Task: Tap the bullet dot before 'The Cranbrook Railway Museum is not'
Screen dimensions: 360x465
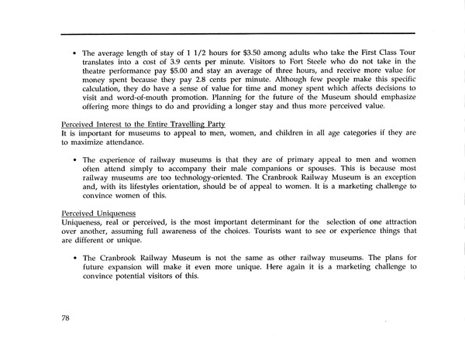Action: coord(74,258)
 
